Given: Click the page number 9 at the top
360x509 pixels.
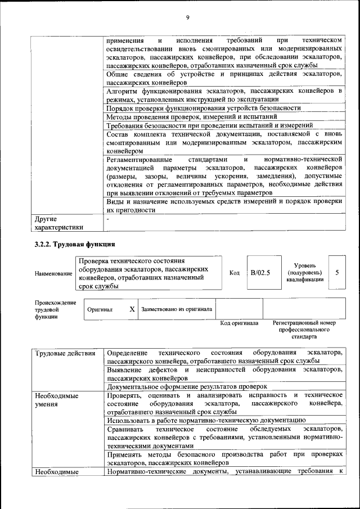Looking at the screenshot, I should tap(187, 17).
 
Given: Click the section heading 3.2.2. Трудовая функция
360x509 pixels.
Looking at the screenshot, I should tap(75, 245).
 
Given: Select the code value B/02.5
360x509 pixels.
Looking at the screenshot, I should tap(261, 273).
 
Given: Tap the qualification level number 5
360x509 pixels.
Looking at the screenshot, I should tap(336, 272).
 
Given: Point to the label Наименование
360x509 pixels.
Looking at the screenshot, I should tap(53, 273).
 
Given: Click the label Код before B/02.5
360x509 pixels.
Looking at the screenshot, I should tap(235, 273).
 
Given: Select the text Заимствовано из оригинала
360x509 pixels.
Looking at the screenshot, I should tap(177, 309).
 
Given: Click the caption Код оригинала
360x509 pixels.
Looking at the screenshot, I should tap(239, 323).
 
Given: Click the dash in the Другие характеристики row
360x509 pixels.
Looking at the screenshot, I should tap(108, 218).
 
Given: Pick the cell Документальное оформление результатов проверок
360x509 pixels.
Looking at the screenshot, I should tap(187, 387).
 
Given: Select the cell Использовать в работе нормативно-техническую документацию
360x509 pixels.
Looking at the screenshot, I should tap(206, 420).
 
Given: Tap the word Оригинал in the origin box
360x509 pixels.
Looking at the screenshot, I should tap(100, 309).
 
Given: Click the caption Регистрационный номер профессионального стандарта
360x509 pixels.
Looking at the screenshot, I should tap(304, 330).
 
